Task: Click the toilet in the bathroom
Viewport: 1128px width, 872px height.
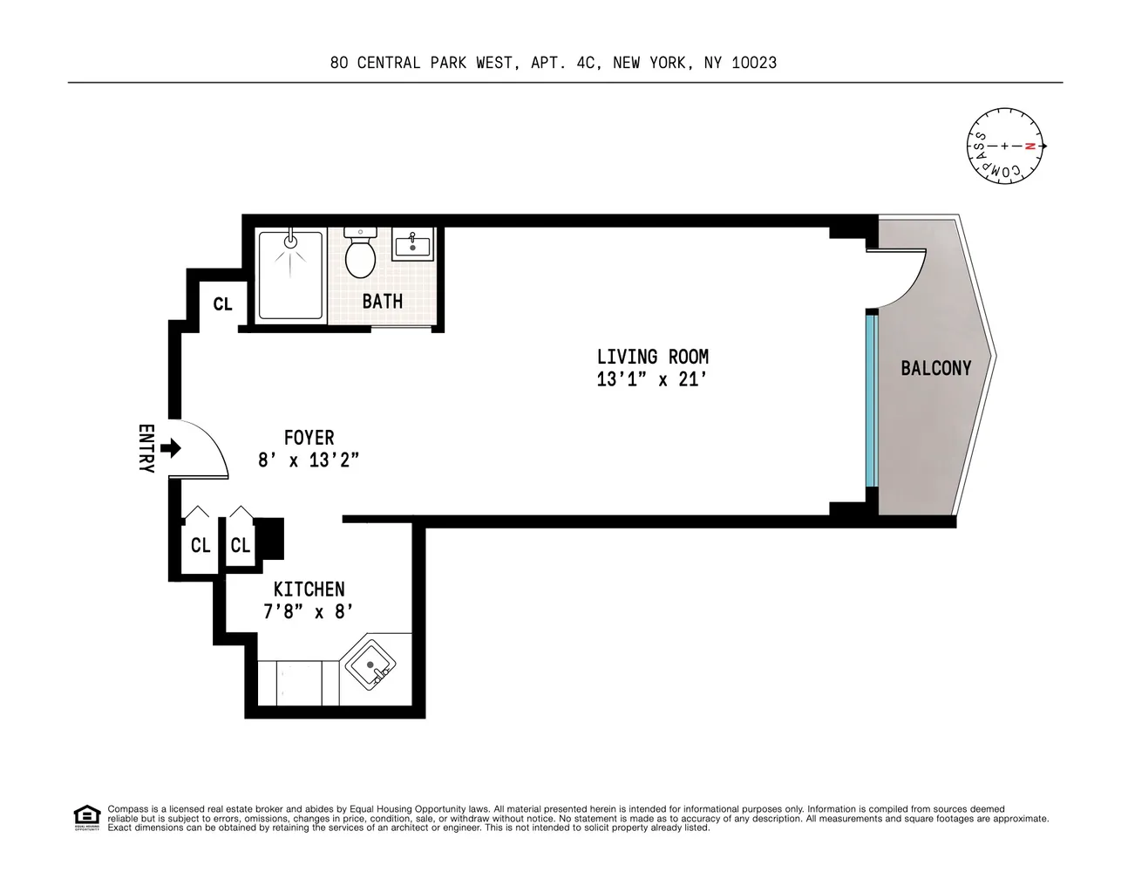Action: [360, 255]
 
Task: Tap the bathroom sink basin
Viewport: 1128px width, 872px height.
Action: [412, 246]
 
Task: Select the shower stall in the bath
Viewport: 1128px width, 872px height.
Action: [290, 275]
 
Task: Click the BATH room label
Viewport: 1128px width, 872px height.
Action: [383, 302]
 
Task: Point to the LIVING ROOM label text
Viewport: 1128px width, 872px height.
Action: [652, 357]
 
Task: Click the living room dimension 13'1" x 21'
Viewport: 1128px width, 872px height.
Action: [652, 379]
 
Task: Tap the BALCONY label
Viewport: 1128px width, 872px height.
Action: [935, 368]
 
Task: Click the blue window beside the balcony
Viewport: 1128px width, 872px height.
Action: [870, 399]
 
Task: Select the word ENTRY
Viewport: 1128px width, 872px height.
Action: [146, 448]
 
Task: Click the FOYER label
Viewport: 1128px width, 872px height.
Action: [309, 438]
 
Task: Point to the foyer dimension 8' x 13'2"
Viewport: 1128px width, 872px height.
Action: [309, 460]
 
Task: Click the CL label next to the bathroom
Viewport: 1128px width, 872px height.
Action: [222, 304]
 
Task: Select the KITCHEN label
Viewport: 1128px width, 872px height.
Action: [309, 589]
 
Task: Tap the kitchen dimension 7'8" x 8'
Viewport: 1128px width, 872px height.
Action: [309, 612]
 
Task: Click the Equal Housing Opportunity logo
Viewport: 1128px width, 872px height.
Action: [86, 818]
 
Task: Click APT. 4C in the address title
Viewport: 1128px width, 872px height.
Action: [565, 63]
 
